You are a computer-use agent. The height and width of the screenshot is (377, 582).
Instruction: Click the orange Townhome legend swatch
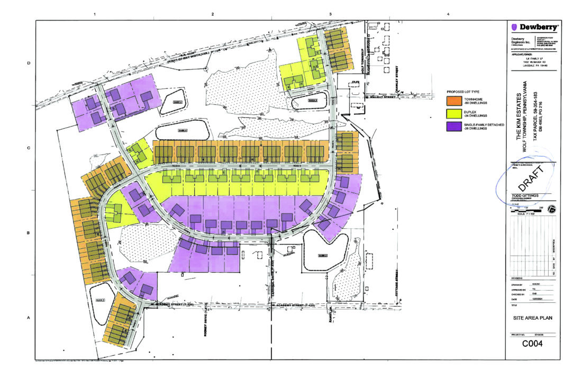tap(454, 101)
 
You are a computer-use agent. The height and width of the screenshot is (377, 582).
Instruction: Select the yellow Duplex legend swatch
tap(454, 113)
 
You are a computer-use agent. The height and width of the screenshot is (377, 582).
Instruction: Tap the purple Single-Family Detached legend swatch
tap(454, 126)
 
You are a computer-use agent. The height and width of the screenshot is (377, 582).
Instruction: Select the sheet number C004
tap(533, 344)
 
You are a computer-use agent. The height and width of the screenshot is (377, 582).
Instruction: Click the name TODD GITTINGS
tap(524, 195)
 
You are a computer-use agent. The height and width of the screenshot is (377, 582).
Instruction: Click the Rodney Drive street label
tap(203, 320)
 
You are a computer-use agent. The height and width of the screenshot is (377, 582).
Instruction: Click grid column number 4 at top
tap(448, 13)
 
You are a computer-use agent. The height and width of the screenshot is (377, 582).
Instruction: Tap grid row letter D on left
tap(28, 64)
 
